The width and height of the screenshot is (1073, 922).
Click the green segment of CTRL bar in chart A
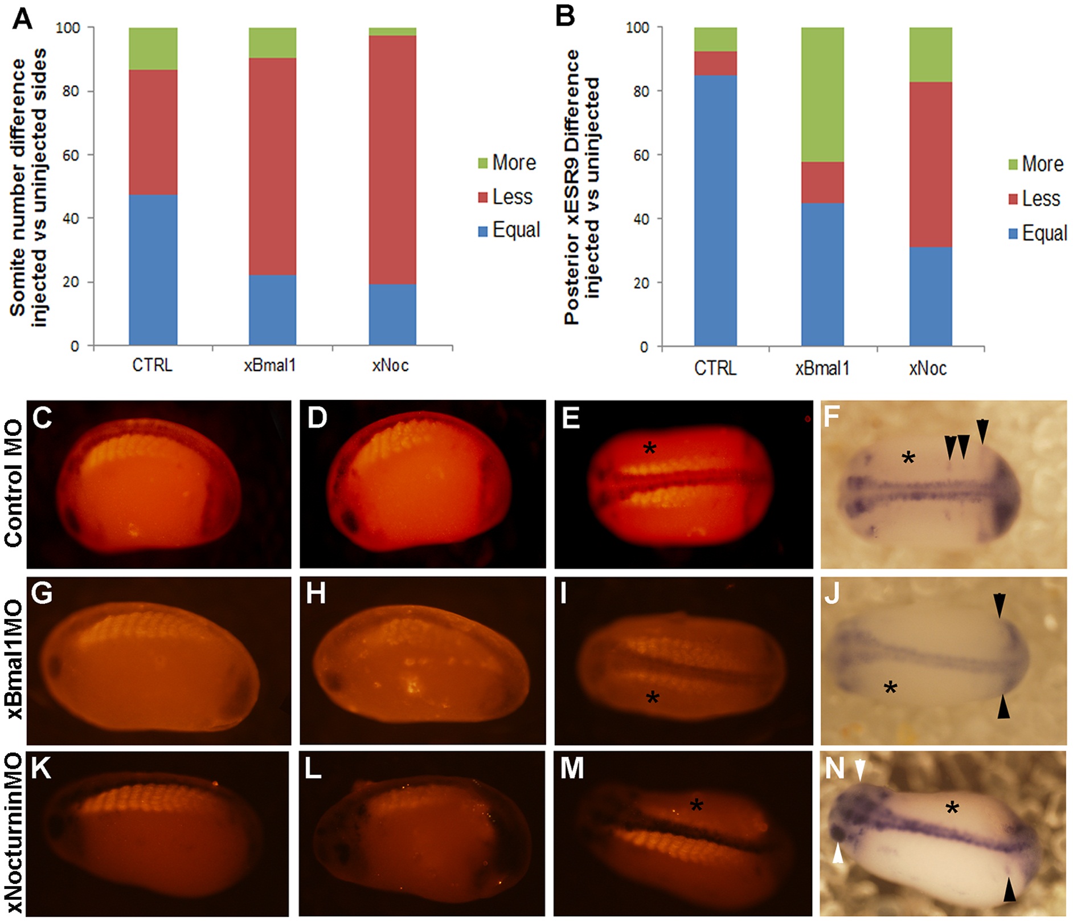tap(153, 48)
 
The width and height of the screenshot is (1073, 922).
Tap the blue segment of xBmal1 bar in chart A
tap(272, 310)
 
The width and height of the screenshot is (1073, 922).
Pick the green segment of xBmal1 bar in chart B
tap(822, 95)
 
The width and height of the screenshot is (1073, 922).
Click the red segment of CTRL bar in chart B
tap(715, 63)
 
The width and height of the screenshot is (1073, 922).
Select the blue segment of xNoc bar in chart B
tap(930, 296)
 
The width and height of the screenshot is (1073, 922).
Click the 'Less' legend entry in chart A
tap(505, 197)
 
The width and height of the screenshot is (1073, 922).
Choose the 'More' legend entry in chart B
tap(1035, 164)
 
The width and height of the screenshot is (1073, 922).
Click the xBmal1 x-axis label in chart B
tap(822, 369)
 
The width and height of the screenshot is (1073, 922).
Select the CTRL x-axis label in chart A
tap(152, 365)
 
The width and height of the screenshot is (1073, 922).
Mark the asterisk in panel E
tap(649, 448)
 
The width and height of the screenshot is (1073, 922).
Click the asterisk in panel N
tap(952, 807)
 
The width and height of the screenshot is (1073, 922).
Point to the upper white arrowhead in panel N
tap(860, 770)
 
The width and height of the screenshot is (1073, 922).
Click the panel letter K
tap(42, 769)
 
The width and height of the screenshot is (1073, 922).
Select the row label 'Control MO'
tap(14, 484)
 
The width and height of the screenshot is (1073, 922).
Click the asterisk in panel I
tap(653, 697)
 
